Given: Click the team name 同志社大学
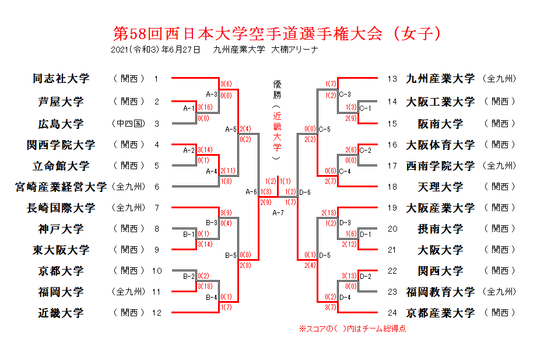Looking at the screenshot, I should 61,79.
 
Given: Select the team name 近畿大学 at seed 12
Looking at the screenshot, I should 61,313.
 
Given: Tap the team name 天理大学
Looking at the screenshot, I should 440,187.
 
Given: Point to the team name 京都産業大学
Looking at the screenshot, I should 440,313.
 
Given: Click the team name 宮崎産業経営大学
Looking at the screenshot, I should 61,187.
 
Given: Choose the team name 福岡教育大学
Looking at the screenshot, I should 440,292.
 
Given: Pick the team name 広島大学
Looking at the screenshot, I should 61,124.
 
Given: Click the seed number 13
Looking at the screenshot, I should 392,79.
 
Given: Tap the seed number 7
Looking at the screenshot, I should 157,208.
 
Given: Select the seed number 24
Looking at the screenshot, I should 392,313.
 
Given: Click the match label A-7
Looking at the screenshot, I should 278,212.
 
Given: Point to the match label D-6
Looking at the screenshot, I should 304,192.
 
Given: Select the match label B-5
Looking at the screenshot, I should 231,255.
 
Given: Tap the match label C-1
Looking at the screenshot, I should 366,108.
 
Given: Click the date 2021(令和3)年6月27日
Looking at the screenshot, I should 156,50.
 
